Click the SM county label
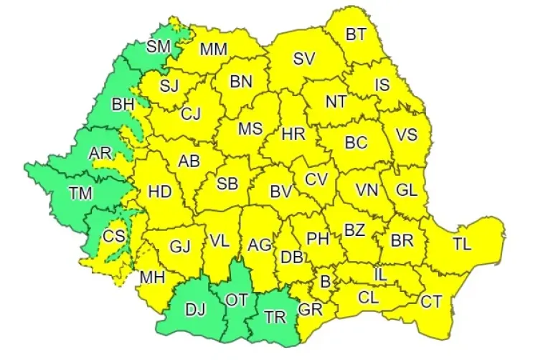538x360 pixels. click(x=158, y=47)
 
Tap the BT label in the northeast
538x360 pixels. click(x=356, y=34)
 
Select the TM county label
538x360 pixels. click(x=80, y=192)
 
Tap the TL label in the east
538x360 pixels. click(x=462, y=244)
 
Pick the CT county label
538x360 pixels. click(x=430, y=302)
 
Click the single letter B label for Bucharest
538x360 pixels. click(x=325, y=282)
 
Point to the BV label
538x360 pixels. click(x=280, y=191)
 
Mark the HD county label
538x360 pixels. click(x=159, y=191)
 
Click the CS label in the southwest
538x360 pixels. click(x=113, y=236)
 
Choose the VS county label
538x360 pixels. click(x=407, y=135)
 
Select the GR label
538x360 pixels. click(x=310, y=310)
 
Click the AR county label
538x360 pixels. click(x=100, y=154)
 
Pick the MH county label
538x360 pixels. click(x=152, y=277)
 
